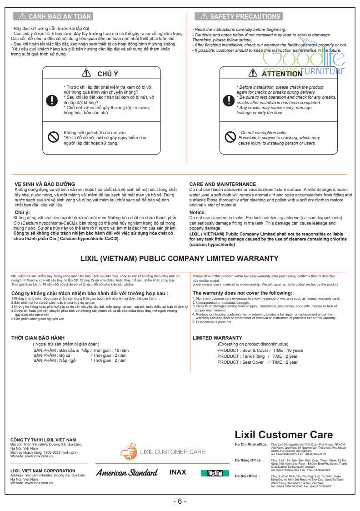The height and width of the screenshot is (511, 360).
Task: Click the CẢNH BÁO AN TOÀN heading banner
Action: coord(53,17)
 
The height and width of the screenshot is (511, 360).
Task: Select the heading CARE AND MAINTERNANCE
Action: coord(223,184)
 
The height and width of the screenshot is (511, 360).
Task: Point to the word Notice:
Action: coord(198,212)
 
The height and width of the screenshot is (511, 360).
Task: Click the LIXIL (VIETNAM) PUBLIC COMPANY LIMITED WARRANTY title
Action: coord(179,259)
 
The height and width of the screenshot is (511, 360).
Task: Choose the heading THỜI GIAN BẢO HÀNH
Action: coord(38,338)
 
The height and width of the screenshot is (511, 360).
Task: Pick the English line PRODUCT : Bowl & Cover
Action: coord(260,351)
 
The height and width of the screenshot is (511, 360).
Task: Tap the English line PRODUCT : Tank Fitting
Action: coord(258,356)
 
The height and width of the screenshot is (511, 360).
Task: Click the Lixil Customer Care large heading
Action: coord(284,435)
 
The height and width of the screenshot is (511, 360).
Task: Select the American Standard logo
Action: coord(127,472)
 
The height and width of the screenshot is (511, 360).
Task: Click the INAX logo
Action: coord(178,472)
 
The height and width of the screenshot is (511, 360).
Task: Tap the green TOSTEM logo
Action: coord(211,473)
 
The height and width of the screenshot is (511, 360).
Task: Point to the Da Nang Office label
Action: coord(248,461)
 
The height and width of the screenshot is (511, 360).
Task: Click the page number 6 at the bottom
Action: coord(180,501)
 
